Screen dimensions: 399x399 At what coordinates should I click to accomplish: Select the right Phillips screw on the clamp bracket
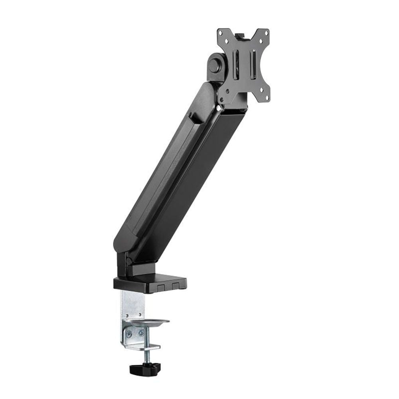tap(140, 332)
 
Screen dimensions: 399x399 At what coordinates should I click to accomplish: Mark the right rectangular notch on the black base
tap(176, 286)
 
